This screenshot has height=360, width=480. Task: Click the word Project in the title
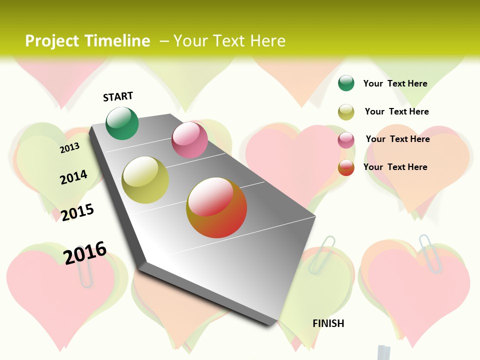(52, 41)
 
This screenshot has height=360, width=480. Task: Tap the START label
(118, 96)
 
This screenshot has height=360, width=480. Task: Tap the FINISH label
(328, 323)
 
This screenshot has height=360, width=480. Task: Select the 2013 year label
(70, 147)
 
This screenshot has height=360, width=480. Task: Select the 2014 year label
(73, 177)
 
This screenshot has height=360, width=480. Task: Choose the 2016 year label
(85, 252)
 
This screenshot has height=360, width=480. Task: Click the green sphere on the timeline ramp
(122, 123)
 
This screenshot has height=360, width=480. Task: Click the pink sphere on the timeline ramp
(189, 140)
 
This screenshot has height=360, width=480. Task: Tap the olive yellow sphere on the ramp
(145, 180)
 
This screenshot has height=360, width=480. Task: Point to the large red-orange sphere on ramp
(216, 207)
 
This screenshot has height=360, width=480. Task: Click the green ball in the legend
(346, 83)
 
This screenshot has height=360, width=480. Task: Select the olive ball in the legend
(346, 112)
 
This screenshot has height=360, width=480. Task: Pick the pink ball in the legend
(346, 140)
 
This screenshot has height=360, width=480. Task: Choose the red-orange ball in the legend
(346, 167)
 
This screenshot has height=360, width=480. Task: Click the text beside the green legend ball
(395, 83)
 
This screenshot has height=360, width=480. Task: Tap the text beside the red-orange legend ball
(395, 167)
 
